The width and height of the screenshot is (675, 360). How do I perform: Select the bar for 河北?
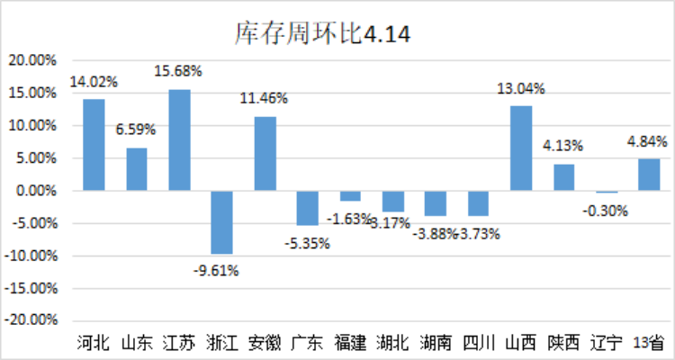[x=94, y=145]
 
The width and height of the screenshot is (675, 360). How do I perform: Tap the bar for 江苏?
[x=179, y=139]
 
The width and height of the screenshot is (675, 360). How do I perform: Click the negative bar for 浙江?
[x=222, y=222]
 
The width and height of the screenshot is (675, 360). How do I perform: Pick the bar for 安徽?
[x=265, y=154]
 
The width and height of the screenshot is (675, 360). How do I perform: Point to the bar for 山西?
[x=521, y=148]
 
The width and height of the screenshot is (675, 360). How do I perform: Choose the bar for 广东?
[x=308, y=208]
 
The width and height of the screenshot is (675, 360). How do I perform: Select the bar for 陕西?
[x=563, y=177]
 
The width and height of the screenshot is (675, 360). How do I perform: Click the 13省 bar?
[x=649, y=175]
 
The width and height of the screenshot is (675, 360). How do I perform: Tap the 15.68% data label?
[x=178, y=70]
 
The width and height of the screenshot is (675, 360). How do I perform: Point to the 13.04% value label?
[x=521, y=88]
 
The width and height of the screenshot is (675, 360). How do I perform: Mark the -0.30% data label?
[x=606, y=211]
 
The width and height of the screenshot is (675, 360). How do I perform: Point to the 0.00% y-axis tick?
[x=35, y=191]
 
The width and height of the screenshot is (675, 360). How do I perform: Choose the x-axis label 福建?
[x=350, y=343]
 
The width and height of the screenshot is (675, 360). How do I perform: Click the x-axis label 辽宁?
[x=606, y=343]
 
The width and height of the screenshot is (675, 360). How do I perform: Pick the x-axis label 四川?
[x=478, y=343]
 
